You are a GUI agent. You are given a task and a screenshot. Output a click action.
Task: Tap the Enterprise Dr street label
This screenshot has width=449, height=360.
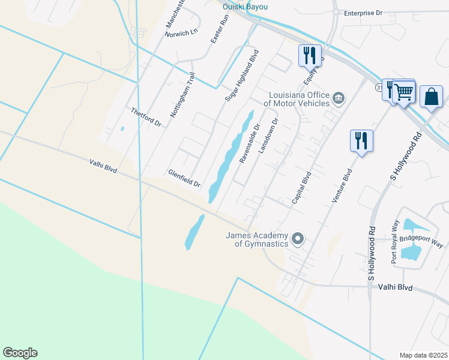pos(363,12)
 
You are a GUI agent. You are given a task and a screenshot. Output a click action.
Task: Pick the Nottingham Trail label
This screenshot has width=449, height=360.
pos(183,94)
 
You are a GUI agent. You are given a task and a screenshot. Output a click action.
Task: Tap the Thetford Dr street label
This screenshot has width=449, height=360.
pos(146,117)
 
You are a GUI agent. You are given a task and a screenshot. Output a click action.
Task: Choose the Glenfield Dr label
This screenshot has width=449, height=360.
pos(184,178)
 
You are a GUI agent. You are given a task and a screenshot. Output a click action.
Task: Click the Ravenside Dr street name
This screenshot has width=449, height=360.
pos(249,144)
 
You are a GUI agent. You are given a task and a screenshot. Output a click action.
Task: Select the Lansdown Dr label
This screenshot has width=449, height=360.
pos(268,136)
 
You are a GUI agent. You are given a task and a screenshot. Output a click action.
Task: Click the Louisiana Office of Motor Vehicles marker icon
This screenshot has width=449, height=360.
pos(339,98)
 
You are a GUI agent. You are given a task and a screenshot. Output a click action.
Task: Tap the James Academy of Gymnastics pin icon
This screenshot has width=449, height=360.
pos(297,240)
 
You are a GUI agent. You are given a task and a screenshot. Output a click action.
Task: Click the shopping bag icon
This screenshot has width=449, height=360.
pos(431,96)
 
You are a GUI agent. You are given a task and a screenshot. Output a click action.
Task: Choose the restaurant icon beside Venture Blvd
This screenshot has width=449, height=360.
pos(361,141)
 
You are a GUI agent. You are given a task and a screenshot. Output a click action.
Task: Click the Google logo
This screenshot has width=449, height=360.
pos(20,353)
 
